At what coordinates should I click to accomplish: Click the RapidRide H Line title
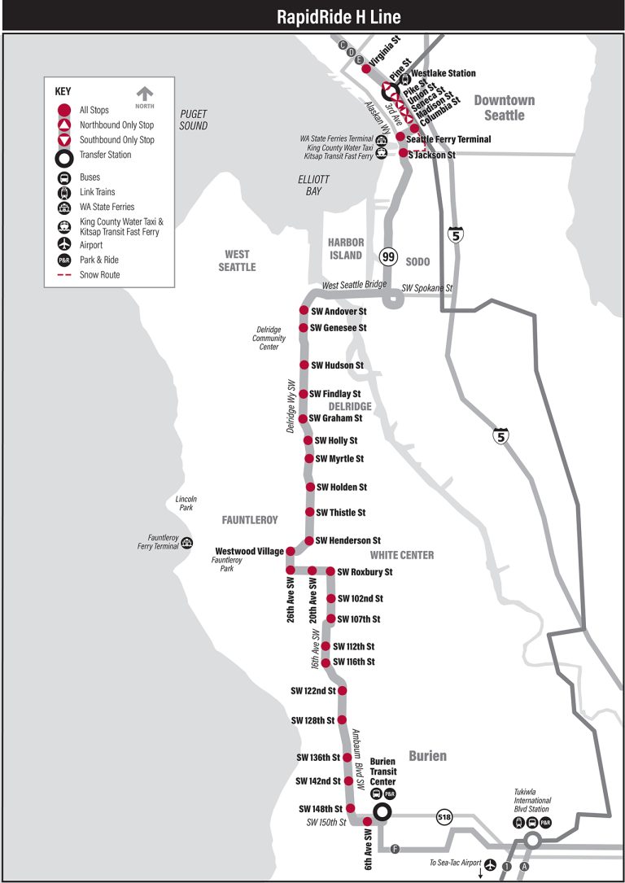[312, 16]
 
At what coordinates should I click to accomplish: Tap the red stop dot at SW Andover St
[304, 311]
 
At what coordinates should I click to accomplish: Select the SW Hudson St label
[338, 365]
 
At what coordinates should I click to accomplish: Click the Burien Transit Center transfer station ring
[382, 812]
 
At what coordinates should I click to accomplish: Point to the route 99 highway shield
[389, 257]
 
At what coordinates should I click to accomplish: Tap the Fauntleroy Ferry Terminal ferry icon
[187, 543]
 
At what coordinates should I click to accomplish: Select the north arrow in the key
[145, 96]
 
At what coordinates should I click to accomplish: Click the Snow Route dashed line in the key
[63, 275]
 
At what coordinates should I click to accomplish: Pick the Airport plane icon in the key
[63, 244]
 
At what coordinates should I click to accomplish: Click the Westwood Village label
[249, 551]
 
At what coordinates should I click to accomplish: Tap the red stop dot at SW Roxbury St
[330, 572]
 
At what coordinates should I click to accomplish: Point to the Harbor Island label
[345, 248]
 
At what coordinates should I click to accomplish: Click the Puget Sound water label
[194, 120]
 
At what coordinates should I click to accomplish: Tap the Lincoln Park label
[186, 504]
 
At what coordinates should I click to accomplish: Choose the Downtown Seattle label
[505, 107]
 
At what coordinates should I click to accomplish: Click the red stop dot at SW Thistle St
[310, 513]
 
